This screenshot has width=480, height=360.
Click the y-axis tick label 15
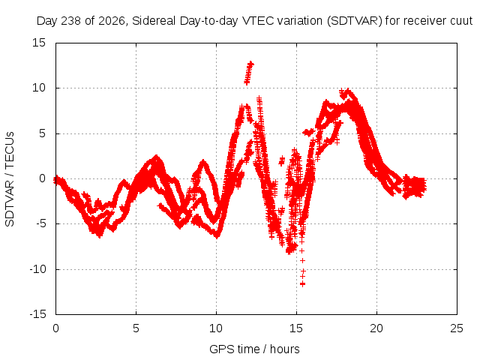click(x=39, y=43)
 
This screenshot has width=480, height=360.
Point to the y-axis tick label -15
click(x=37, y=314)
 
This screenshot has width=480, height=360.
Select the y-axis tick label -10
click(x=37, y=269)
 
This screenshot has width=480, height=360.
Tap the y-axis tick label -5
click(x=40, y=223)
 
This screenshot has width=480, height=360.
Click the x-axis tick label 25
click(x=457, y=328)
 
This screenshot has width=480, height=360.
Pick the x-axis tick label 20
click(x=376, y=328)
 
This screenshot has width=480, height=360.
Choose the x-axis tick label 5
click(x=136, y=328)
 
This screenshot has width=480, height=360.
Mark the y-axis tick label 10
click(x=39, y=88)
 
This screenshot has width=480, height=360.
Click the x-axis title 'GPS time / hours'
click(x=254, y=349)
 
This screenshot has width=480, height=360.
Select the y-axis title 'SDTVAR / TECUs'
click(x=10, y=179)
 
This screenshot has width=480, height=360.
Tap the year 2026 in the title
click(x=112, y=21)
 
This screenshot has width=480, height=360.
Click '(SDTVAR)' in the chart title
click(x=355, y=21)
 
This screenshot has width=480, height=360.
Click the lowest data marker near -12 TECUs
click(x=302, y=284)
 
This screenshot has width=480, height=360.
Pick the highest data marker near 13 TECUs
click(x=250, y=63)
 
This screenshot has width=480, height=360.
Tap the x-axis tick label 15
click(x=296, y=328)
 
